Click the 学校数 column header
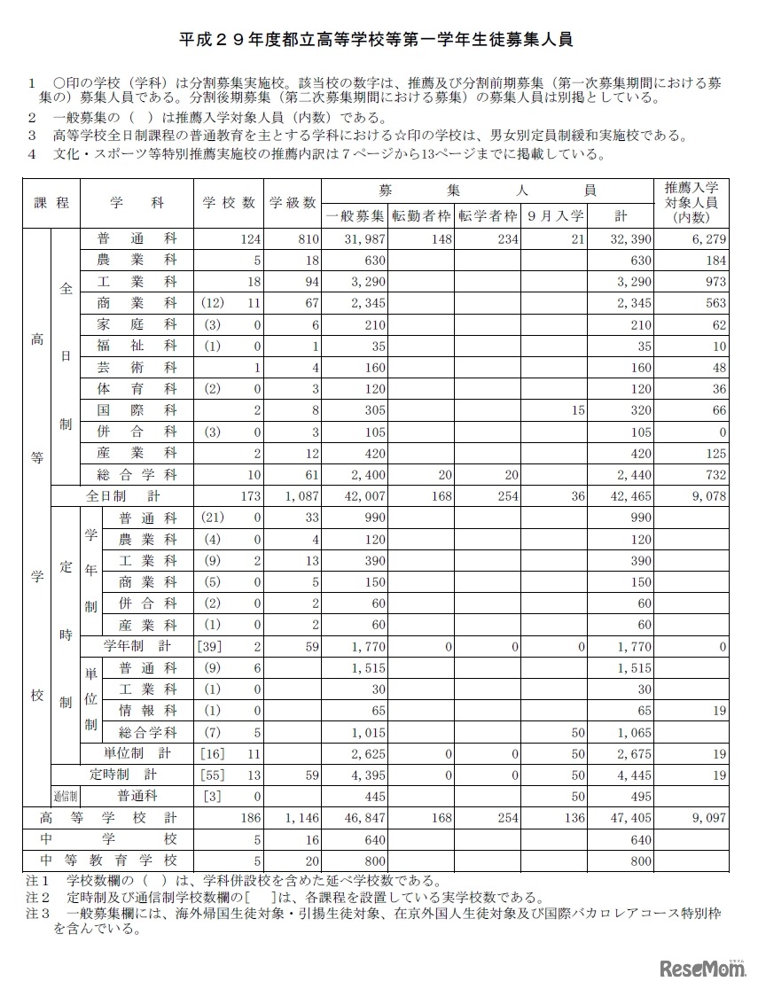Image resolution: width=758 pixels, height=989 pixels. pos(229,202)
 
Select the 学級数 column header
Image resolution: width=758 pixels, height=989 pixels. pos(293,202)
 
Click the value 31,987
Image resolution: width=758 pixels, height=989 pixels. pos(364,239)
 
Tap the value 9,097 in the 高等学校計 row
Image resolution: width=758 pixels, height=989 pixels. pos(707,818)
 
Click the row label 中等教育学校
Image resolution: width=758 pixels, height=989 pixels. pos(110,861)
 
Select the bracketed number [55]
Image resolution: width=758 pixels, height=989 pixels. pos(213,775)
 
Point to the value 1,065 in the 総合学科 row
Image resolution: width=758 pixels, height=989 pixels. pos(634,733)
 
